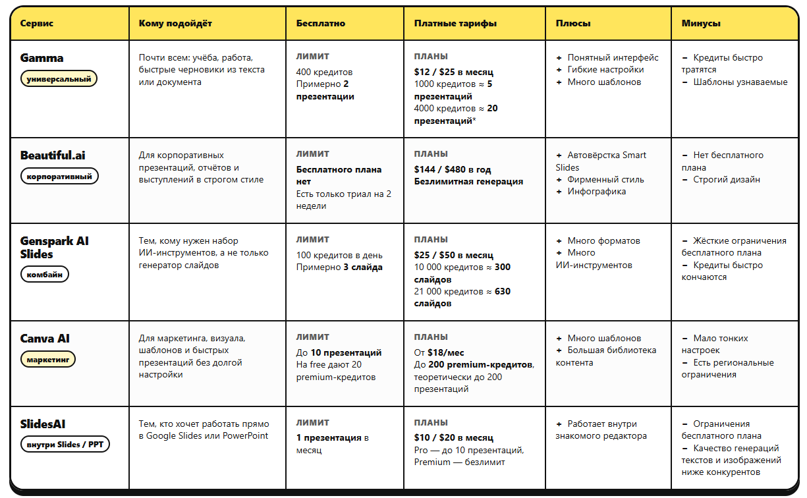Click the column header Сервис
[37, 23]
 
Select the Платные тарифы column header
[455, 23]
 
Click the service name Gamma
[42, 58]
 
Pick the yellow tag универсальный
[59, 79]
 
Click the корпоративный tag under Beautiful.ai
[59, 177]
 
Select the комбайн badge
[45, 274]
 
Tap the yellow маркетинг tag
[48, 360]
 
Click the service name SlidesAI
[43, 424]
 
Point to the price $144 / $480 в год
[453, 169]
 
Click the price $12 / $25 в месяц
[453, 72]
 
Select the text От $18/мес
[439, 352]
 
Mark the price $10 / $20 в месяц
[453, 437]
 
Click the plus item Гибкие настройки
[605, 70]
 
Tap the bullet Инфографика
[597, 192]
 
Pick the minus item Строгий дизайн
[726, 179]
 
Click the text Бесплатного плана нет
[339, 175]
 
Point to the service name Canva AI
[45, 339]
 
